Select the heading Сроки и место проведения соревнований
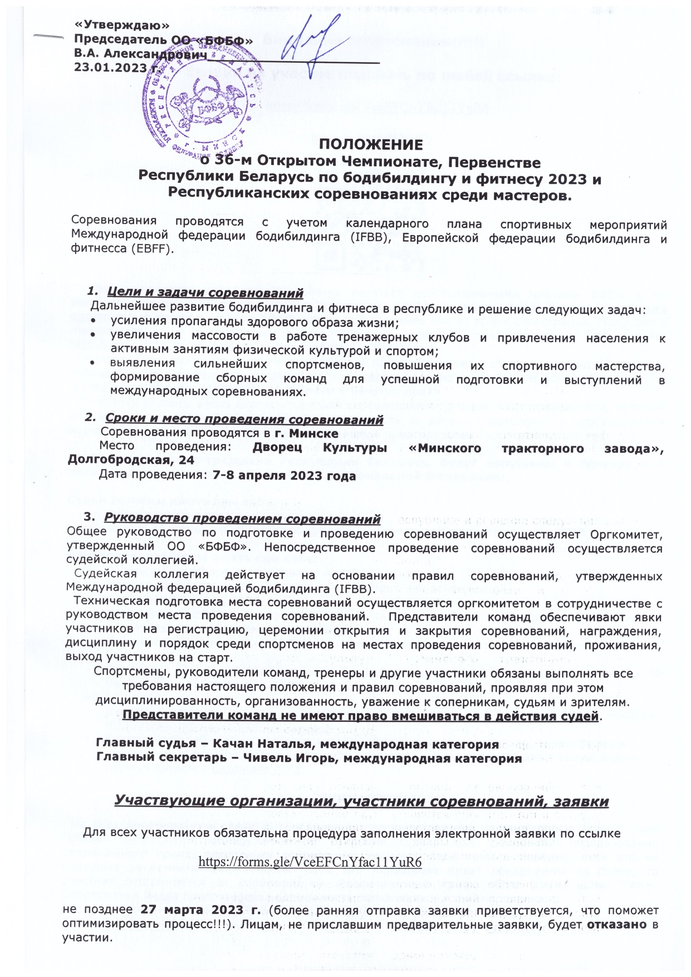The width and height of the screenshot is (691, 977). (244, 418)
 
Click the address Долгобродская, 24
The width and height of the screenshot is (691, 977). (131, 460)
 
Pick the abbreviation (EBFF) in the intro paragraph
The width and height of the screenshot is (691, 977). (149, 249)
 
